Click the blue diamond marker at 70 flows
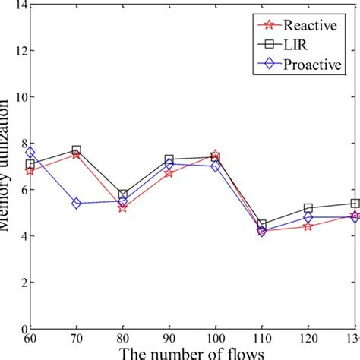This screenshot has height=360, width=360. click(x=77, y=204)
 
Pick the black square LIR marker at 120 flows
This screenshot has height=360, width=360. click(x=308, y=208)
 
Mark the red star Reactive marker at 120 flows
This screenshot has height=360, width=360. click(x=308, y=226)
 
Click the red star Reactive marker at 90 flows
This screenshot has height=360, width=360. click(x=169, y=173)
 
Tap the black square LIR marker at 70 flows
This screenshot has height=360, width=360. click(x=77, y=150)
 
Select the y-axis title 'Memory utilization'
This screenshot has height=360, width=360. click(x=5, y=190)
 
